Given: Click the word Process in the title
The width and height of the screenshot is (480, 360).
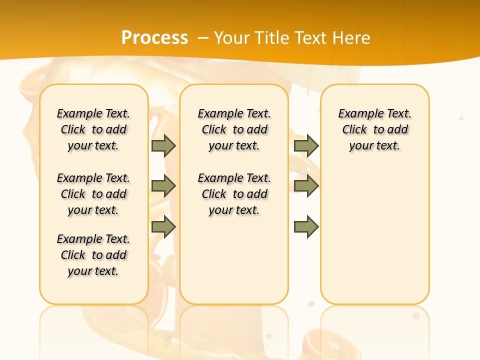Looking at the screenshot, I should pos(154,38).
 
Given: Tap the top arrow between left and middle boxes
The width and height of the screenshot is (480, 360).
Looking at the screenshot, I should pos(163,145).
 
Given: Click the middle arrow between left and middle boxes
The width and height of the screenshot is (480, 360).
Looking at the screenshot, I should pos(163,186).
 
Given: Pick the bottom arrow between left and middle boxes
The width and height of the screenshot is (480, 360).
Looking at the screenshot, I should pos(163,227).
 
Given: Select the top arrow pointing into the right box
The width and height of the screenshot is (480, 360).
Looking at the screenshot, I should pos(306,145).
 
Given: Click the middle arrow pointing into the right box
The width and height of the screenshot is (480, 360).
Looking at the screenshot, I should pos(306,186).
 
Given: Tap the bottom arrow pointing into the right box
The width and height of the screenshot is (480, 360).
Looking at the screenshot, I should pos(306,227).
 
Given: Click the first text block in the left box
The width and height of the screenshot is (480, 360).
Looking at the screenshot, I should pos(93,129).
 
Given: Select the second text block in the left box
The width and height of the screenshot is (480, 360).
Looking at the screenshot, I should pos(93,194).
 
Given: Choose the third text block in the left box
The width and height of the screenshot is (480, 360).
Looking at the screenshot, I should pos(93,255).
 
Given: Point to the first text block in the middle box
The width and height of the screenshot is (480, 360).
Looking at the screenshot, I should pos(234,129).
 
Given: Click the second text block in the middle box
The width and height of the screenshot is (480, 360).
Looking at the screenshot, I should pos(234,194).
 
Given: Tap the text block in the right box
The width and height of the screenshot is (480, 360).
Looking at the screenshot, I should pos(375,129).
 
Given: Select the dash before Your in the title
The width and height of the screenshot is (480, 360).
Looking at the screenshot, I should pos(203,38).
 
